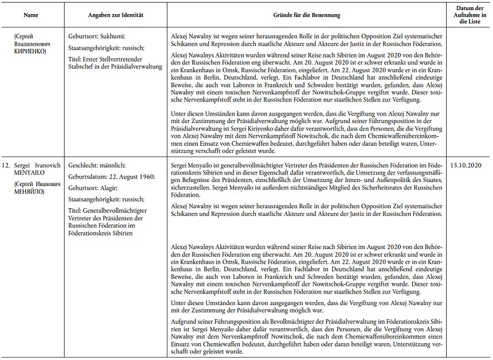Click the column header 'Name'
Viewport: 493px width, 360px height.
pyautogui.click(x=31, y=15)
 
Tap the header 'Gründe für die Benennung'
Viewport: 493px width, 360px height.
pyautogui.click(x=306, y=15)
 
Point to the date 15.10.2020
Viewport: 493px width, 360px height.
pyautogui.click(x=466, y=165)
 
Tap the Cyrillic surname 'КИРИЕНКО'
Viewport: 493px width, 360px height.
pyautogui.click(x=31, y=51)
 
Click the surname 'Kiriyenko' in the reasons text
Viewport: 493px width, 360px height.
pyautogui.click(x=288, y=130)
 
